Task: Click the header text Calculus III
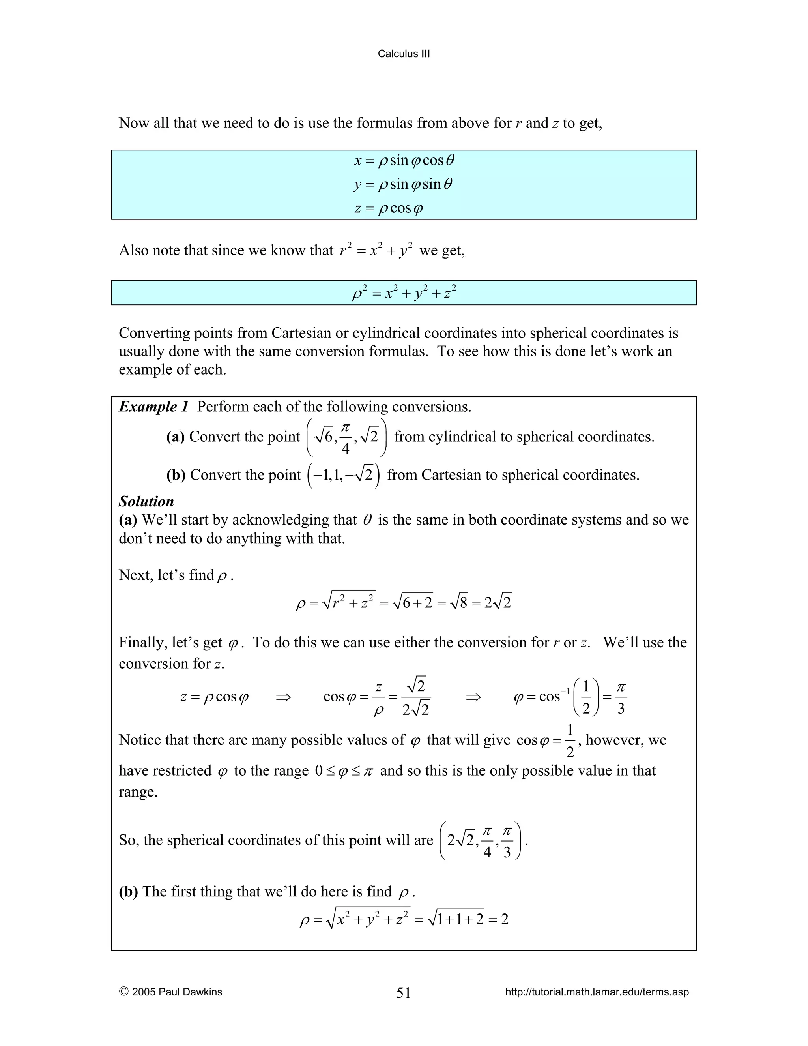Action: tap(404, 54)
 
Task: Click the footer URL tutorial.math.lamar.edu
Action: tap(597, 992)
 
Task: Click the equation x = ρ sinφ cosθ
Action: tap(404, 160)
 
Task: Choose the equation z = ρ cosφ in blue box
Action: tap(389, 209)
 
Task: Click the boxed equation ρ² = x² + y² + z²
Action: tap(404, 292)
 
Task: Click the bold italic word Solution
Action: tap(146, 501)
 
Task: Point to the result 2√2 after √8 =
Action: tap(498, 602)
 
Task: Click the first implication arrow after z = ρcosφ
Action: tap(283, 697)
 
